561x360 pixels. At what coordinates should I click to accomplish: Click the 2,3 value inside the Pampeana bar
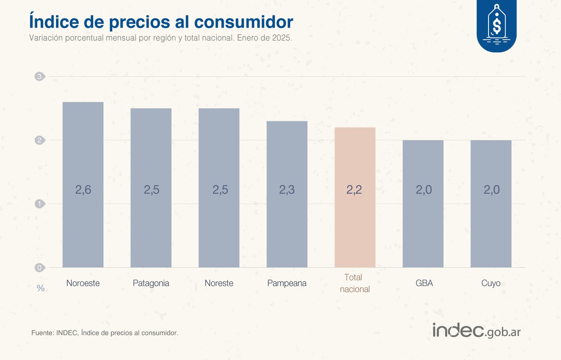287,190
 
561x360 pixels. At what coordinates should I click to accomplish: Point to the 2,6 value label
83,190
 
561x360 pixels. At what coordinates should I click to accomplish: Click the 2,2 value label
355,190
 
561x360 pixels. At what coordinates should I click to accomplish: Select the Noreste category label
219,283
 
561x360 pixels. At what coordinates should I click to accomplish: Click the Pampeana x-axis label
287,283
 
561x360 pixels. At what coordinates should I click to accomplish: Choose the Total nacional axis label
355,283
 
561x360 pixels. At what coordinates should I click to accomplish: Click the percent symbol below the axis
41,288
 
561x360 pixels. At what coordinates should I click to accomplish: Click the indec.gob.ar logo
476,331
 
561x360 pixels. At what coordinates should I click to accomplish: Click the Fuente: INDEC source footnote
105,333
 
